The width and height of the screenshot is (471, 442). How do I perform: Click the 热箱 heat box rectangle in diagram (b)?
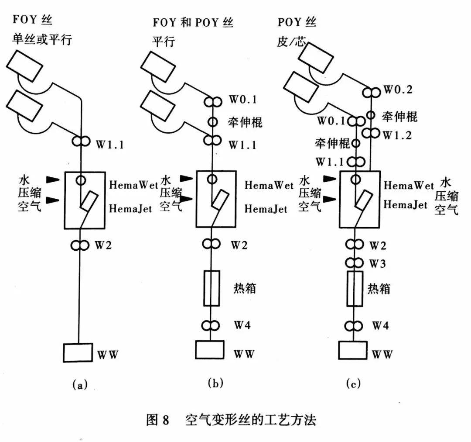(x=212, y=288)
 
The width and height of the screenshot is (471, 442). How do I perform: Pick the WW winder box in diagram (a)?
(x=78, y=352)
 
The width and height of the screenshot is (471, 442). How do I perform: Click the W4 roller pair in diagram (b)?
(x=212, y=325)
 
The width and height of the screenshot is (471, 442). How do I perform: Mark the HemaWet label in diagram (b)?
(x=269, y=185)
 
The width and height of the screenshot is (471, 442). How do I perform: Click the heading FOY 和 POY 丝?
(x=192, y=22)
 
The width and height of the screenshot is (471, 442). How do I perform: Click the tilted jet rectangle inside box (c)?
(x=362, y=200)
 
